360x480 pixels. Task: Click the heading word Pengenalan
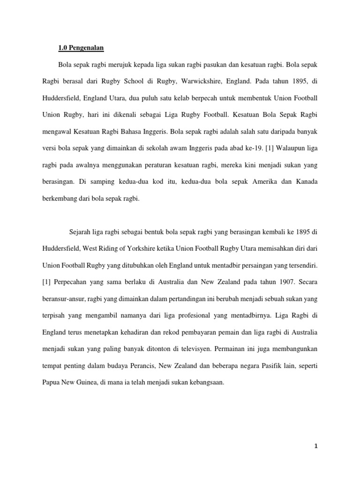coord(86,47)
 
